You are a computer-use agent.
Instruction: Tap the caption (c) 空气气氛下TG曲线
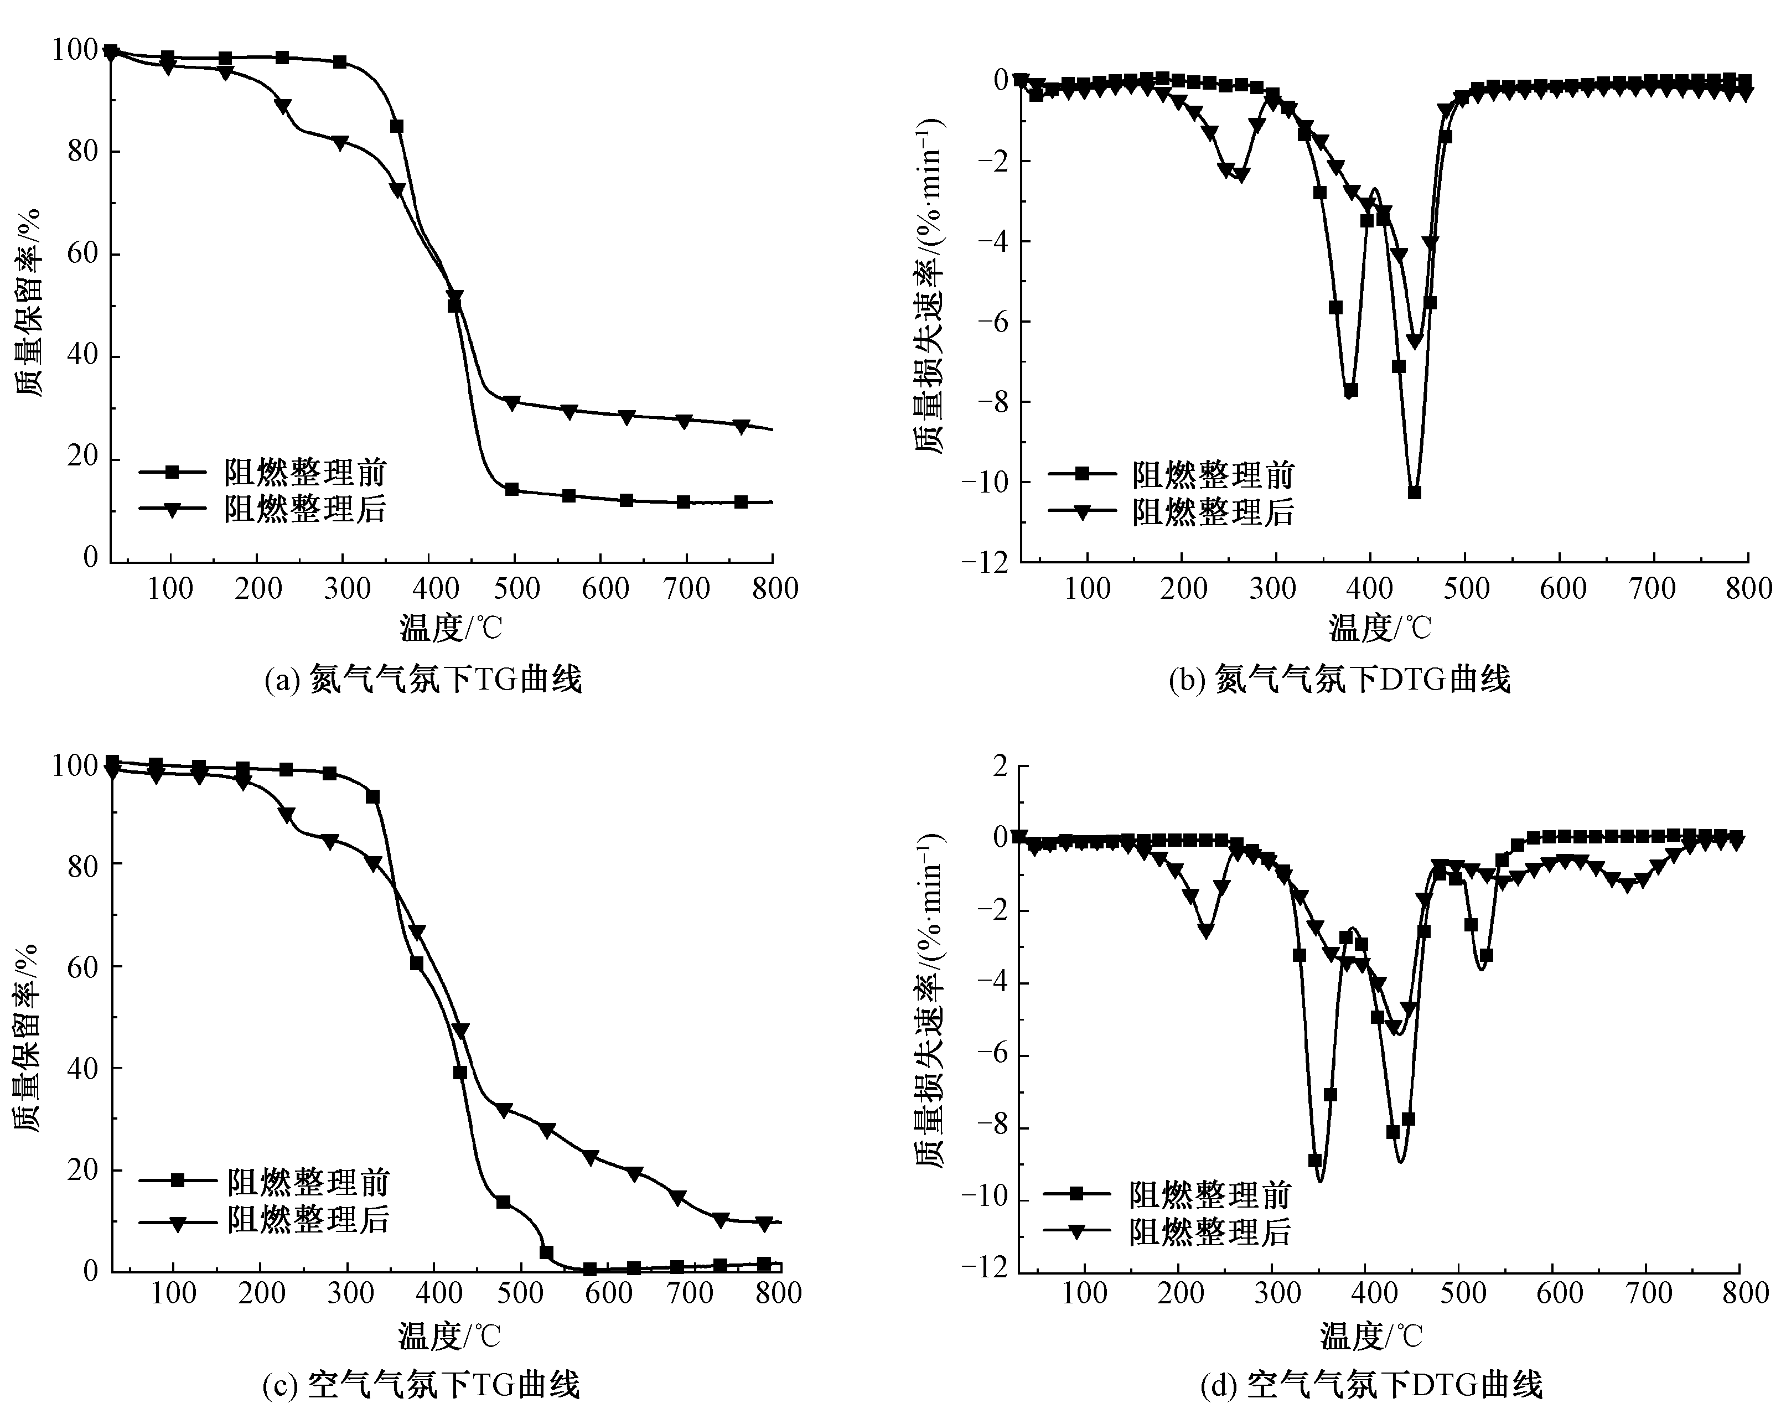pyautogui.click(x=421, y=1385)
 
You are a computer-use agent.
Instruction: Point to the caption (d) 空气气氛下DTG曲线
pyautogui.click(x=1371, y=1385)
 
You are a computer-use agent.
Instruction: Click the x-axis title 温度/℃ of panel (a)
pyautogui.click(x=452, y=628)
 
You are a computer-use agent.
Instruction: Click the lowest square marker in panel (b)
pyautogui.click(x=1415, y=492)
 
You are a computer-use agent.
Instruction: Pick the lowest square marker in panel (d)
pyautogui.click(x=1314, y=1161)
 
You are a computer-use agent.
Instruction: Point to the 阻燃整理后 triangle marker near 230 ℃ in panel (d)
pyautogui.click(x=1206, y=931)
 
